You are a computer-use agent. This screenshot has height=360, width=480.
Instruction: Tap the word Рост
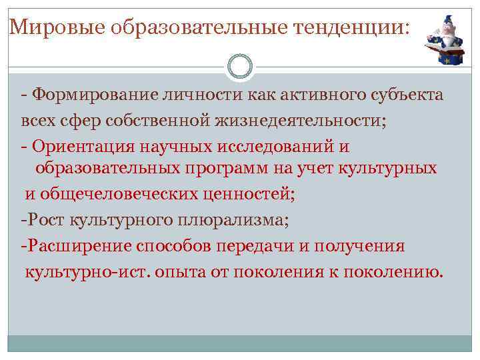pos(44,219)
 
